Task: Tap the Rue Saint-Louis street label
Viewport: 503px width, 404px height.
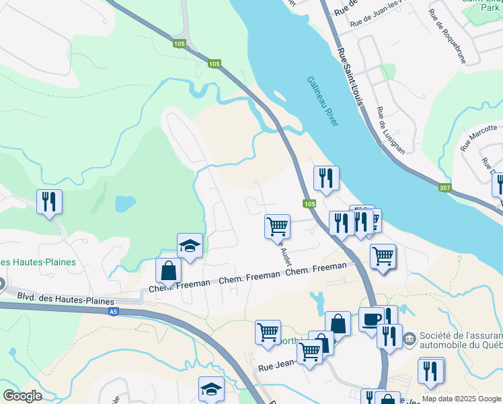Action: tap(350, 76)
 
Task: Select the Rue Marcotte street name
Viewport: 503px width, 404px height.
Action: tap(477, 137)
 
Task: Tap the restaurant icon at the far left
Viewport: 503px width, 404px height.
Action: tap(49, 201)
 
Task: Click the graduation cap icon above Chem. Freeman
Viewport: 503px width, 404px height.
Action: tap(190, 246)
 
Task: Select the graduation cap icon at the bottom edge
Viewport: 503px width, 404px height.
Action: tap(211, 389)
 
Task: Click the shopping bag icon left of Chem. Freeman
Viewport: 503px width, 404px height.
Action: tap(168, 271)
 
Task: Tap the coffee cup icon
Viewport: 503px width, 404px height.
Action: tap(371, 319)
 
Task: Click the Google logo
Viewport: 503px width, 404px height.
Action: tap(22, 396)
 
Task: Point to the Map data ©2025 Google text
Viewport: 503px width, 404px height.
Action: tap(461, 399)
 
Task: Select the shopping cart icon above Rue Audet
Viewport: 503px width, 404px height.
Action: tap(277, 227)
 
